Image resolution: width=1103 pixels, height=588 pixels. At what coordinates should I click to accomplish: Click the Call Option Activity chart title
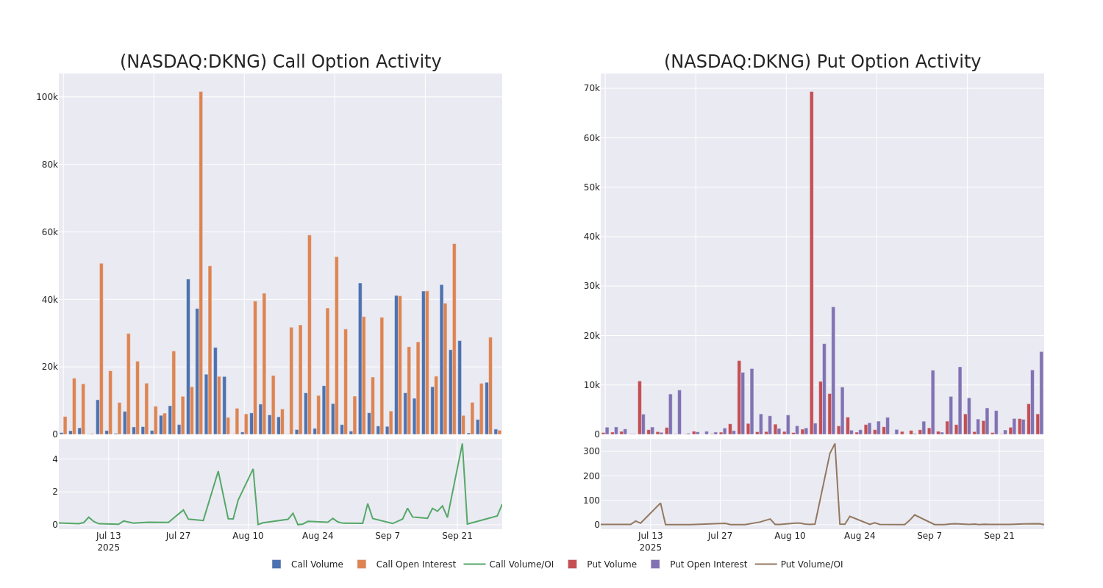(280, 62)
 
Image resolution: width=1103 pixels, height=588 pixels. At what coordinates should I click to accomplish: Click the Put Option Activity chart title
(822, 62)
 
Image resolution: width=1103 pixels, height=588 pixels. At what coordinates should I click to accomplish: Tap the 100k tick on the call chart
(47, 97)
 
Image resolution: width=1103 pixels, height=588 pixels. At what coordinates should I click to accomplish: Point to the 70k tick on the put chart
(592, 88)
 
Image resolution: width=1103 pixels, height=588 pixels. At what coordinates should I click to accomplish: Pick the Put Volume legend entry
(611, 564)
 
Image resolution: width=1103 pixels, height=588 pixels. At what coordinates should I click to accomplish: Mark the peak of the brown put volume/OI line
(835, 444)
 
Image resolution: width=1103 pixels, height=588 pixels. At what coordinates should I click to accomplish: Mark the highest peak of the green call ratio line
(462, 444)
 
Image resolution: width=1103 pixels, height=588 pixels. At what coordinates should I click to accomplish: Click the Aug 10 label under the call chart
(248, 536)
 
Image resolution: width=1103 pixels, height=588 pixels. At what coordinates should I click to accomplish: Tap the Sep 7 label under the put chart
(929, 536)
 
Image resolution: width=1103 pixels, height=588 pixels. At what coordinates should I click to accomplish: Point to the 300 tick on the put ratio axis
(591, 451)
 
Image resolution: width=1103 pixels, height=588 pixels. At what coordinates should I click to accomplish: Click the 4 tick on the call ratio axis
(54, 459)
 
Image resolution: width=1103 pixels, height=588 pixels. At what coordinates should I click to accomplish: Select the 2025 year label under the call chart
(108, 548)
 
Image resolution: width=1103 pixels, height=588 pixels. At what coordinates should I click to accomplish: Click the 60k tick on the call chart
(49, 232)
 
